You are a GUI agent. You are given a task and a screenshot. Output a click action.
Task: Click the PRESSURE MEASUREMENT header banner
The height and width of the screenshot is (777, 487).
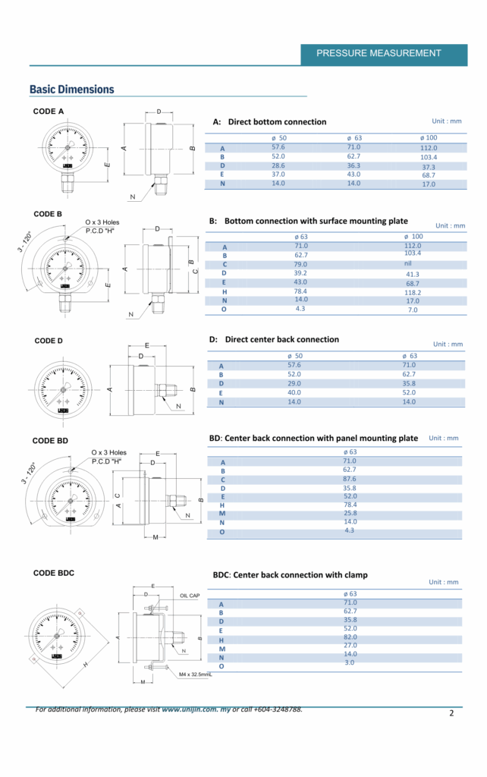(x=379, y=53)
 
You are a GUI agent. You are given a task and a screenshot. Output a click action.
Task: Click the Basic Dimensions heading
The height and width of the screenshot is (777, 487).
(x=71, y=90)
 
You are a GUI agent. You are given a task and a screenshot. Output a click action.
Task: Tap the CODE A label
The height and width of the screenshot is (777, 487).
(x=49, y=112)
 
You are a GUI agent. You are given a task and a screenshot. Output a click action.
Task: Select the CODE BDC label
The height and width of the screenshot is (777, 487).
(x=54, y=573)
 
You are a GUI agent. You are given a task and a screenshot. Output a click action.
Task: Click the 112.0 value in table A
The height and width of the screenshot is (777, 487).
(x=429, y=148)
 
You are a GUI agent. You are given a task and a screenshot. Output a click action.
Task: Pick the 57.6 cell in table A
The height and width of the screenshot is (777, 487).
(x=278, y=147)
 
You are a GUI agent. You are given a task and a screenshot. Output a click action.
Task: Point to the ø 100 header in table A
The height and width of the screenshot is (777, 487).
(x=429, y=137)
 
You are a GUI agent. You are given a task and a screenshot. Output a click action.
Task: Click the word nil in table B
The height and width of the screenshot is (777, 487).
(x=408, y=263)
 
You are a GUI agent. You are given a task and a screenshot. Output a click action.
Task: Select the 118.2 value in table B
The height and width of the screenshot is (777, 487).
(x=413, y=292)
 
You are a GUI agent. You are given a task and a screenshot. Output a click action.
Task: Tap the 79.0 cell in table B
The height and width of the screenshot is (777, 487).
(x=301, y=264)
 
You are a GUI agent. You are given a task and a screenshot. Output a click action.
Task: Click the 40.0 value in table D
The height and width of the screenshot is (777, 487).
(x=294, y=392)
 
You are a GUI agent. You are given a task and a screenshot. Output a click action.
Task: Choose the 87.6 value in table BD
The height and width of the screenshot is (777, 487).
(x=350, y=479)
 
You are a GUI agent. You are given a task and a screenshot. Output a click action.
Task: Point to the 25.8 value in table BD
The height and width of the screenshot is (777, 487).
(x=350, y=513)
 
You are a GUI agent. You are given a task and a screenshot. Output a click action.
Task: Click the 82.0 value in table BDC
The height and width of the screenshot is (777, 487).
(x=350, y=637)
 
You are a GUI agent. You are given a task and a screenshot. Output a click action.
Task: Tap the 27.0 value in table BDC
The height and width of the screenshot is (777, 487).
(x=350, y=646)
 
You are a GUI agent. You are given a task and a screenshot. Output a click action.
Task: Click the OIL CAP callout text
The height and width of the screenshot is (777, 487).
(x=190, y=596)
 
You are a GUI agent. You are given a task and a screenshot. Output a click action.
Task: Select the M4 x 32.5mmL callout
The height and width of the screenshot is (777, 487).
(x=196, y=674)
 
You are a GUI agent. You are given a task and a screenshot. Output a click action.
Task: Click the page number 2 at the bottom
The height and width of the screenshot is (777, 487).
(x=451, y=713)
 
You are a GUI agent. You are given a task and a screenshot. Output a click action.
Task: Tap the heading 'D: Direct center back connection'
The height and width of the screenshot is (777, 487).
(x=274, y=339)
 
